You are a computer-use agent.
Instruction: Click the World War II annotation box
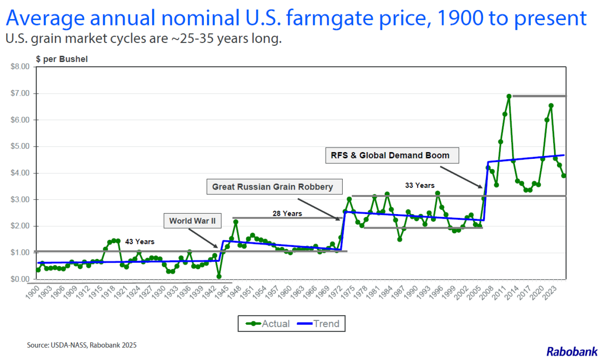(x=192, y=221)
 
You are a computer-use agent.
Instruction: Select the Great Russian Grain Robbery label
(x=274, y=187)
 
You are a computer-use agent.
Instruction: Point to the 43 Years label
(x=140, y=242)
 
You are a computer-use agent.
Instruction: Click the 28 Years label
(x=287, y=213)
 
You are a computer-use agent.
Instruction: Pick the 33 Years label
(x=420, y=185)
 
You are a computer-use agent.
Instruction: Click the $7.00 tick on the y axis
(x=20, y=93)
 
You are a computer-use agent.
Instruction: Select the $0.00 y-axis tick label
(x=20, y=279)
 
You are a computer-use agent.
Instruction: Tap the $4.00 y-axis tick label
(x=20, y=173)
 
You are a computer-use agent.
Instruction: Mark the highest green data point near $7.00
(x=509, y=96)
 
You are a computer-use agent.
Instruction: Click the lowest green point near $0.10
(x=219, y=276)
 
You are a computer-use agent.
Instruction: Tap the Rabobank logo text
(x=572, y=352)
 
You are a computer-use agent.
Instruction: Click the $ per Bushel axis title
(x=62, y=59)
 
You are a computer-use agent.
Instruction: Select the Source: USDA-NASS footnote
(x=82, y=345)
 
